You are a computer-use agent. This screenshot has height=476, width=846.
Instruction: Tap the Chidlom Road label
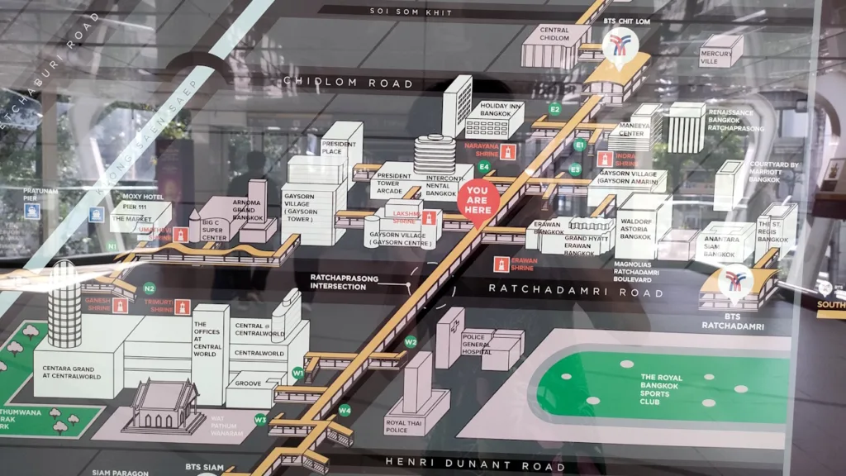[x=348, y=83]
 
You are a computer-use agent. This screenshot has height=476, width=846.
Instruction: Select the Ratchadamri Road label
[x=575, y=290]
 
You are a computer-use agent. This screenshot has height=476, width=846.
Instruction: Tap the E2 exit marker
[x=555, y=108]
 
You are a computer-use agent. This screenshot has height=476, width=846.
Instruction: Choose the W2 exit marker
[x=411, y=341]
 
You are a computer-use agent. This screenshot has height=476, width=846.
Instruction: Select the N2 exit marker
[x=150, y=288]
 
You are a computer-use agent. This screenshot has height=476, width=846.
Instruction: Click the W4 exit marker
[x=345, y=410]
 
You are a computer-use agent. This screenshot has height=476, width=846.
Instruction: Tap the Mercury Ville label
[x=715, y=58]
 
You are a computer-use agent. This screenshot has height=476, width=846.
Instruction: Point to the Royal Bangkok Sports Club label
[x=662, y=388]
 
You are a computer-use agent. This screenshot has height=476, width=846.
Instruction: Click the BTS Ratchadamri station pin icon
[x=734, y=281]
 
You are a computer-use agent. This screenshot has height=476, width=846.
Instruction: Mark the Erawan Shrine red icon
[x=500, y=264]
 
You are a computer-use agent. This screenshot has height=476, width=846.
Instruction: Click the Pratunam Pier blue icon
[x=32, y=211]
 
